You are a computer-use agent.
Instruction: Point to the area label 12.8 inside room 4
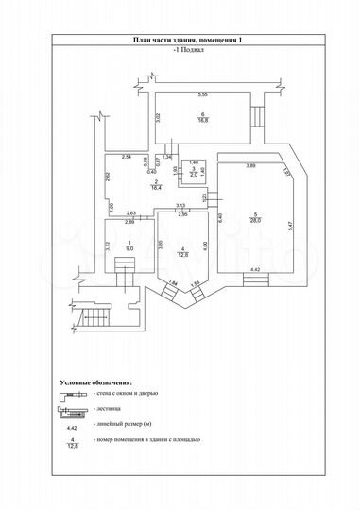[x=185, y=254]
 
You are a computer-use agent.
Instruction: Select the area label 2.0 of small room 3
[x=194, y=175]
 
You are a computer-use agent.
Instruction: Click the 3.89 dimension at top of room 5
[x=251, y=166]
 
